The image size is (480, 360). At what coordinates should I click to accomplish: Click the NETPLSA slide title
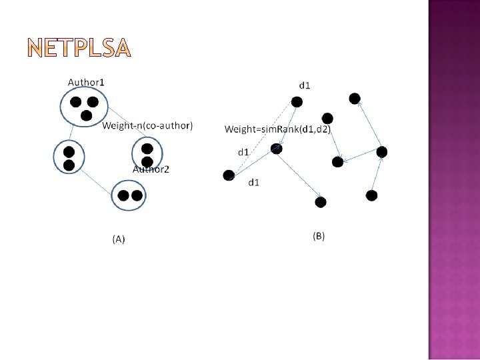click(81, 48)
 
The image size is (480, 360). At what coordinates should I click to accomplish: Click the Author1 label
click(86, 82)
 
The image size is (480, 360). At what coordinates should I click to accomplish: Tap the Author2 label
click(151, 169)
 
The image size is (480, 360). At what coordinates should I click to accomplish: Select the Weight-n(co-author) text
click(147, 126)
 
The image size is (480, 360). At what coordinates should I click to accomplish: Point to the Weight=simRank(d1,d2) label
click(277, 129)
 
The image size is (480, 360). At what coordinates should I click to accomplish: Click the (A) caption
click(118, 239)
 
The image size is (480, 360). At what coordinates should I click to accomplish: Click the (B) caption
click(319, 236)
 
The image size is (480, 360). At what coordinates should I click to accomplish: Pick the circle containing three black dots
click(84, 107)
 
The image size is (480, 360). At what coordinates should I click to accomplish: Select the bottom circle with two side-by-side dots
click(129, 195)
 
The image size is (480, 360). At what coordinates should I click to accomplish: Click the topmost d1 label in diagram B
click(305, 85)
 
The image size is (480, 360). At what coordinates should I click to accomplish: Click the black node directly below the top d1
click(297, 102)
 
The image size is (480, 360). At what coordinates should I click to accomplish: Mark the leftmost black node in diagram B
click(229, 175)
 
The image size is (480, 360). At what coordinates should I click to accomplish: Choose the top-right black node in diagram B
click(355, 99)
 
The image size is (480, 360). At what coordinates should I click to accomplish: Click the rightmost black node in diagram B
click(381, 152)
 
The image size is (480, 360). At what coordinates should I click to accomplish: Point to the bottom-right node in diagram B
click(371, 195)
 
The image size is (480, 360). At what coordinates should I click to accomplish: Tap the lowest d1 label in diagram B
click(254, 182)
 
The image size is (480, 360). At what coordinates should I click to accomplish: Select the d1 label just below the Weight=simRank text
click(244, 152)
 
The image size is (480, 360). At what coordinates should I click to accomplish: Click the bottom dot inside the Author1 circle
click(86, 115)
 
